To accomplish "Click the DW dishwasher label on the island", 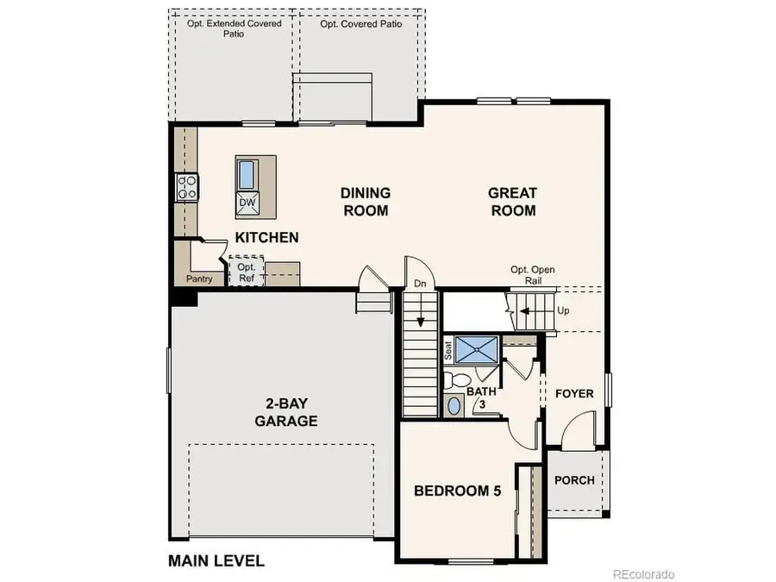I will click(247, 203).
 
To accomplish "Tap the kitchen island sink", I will click(247, 174).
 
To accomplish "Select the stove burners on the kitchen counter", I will click(186, 187).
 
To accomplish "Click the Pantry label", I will click(199, 279).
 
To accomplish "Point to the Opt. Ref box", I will click(246, 272).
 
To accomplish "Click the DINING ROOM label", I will click(366, 202).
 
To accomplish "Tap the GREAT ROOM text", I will click(512, 202).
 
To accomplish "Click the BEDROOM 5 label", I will click(457, 491).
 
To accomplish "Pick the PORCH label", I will click(574, 479).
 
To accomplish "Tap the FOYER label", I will click(574, 394).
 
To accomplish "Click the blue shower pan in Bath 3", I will click(478, 349).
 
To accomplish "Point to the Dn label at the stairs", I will click(421, 283).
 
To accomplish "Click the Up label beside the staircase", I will click(564, 310).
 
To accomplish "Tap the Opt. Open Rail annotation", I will click(533, 275).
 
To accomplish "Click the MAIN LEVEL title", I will click(216, 560).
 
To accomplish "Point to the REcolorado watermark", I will click(643, 573).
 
